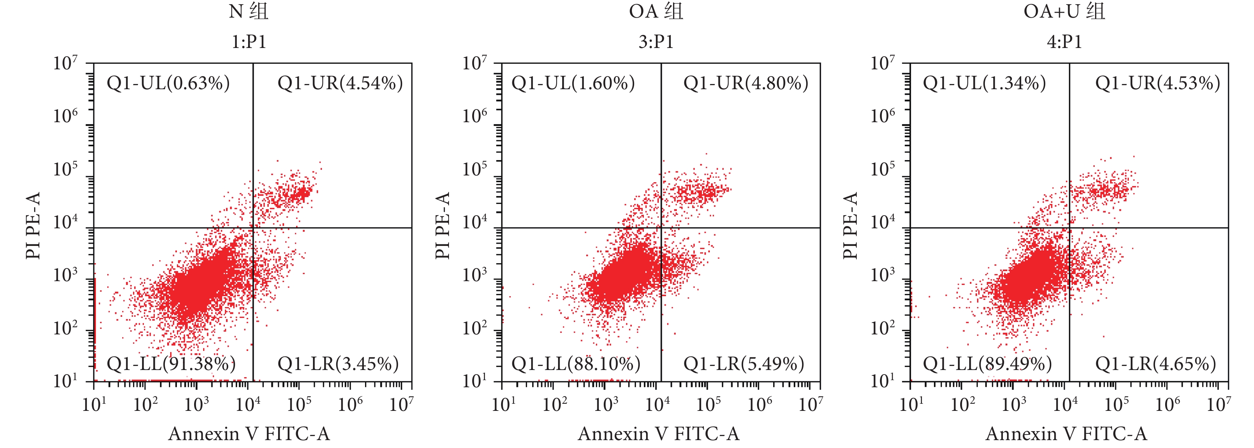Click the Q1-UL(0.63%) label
pos(168,83)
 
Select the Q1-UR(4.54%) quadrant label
pos(340,83)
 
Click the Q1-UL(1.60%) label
pos(573,83)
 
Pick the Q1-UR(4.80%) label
pos(745,83)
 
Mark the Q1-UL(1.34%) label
pos(984,83)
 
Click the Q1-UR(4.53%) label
pos(1157,83)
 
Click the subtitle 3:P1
pos(656,42)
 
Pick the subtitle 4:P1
pos(1064,42)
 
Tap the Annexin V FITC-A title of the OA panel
pos(658,433)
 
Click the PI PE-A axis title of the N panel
pos(33,225)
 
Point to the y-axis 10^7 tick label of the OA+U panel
pos(882,64)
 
